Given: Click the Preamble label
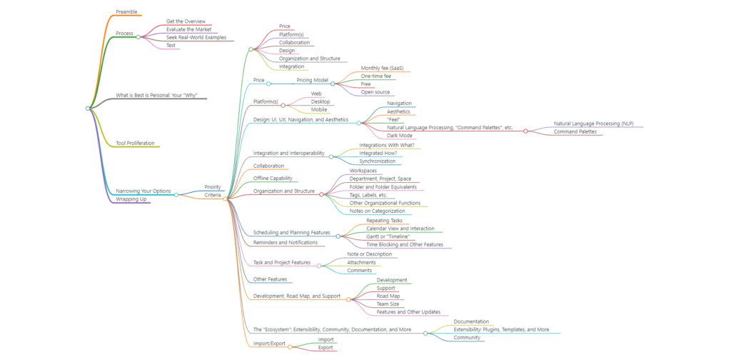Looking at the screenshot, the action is [126, 11].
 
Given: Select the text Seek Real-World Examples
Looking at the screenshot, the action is [196, 37].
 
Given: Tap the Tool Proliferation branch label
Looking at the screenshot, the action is [135, 143].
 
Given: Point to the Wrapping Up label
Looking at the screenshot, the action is [131, 199].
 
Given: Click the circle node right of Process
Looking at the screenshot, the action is [138, 37].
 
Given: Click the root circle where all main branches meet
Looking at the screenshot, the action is [88, 108].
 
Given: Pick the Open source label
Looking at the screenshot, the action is [375, 92].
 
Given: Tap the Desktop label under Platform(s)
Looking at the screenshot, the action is [321, 101].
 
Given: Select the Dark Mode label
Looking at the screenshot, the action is [400, 136].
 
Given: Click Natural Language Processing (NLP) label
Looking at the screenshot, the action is [593, 124].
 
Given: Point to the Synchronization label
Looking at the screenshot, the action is [377, 161].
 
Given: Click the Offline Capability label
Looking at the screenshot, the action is [273, 178].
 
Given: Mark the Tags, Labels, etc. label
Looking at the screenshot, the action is [368, 195].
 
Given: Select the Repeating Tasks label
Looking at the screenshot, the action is [384, 220].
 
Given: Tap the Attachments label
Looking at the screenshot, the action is [361, 263].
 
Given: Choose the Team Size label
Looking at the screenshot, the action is [388, 304].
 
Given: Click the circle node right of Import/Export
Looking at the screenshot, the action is [290, 347].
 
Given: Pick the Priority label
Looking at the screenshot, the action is [213, 187].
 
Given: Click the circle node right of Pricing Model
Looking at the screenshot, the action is [333, 84].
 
